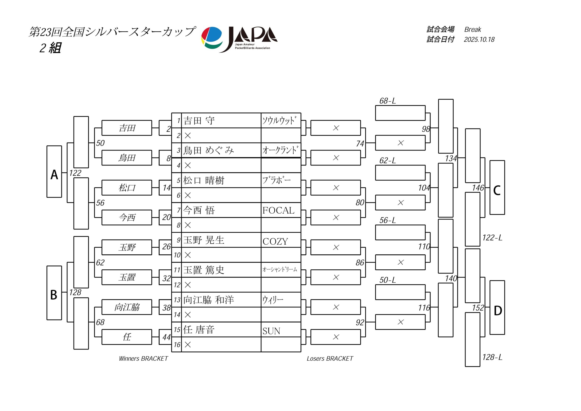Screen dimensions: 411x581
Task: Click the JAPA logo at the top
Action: pyautogui.click(x=239, y=39)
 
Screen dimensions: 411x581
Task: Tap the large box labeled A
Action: pyautogui.click(x=54, y=172)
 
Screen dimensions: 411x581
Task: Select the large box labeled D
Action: pyautogui.click(x=497, y=308)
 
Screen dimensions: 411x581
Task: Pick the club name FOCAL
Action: pyautogui.click(x=278, y=210)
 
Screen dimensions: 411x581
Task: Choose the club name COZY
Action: pyautogui.click(x=275, y=241)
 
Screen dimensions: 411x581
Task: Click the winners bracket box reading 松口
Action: pyautogui.click(x=127, y=188)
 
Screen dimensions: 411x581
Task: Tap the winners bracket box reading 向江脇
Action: pyautogui.click(x=127, y=307)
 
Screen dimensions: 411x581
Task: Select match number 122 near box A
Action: pyautogui.click(x=75, y=173)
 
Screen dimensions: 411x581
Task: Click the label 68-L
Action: pyautogui.click(x=387, y=101)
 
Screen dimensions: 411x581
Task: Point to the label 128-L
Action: pyautogui.click(x=492, y=357)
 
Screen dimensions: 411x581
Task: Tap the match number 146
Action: pyautogui.click(x=478, y=188)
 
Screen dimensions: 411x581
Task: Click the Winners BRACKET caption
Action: pyautogui.click(x=143, y=359)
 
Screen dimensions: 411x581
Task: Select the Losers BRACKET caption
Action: pyautogui.click(x=330, y=359)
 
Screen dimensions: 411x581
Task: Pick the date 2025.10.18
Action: pyautogui.click(x=479, y=39)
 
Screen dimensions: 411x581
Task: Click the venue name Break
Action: pyautogui.click(x=473, y=30)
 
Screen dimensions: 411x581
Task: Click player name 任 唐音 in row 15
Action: pyautogui.click(x=199, y=330)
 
